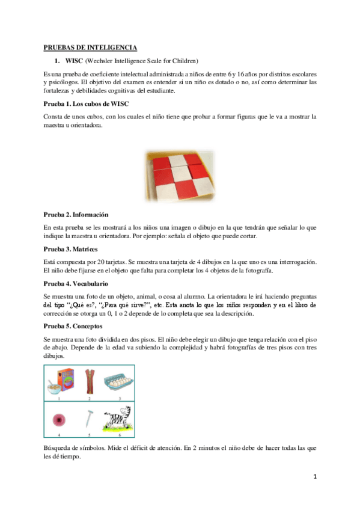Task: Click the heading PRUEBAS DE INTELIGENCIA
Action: [x=90, y=47]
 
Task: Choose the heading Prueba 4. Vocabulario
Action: [x=76, y=283]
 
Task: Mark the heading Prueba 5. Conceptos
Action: [x=73, y=327]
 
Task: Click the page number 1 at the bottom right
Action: [x=314, y=478]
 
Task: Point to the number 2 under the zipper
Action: [x=89, y=398]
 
